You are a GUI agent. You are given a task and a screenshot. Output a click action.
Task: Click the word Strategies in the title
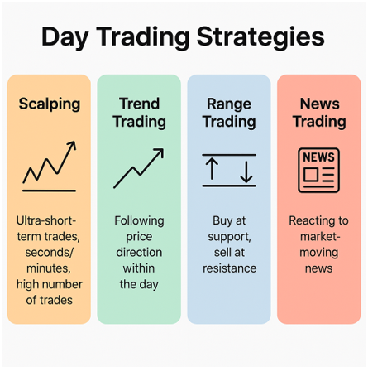click(260, 37)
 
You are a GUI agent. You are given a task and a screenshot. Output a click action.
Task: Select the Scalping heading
click(50, 104)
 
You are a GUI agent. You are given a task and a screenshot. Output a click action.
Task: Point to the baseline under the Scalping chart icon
click(49, 191)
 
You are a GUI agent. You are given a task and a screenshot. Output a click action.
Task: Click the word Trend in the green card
click(139, 104)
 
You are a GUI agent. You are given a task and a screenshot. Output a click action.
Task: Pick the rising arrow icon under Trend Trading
click(139, 168)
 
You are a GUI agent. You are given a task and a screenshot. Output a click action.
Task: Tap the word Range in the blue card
click(229, 104)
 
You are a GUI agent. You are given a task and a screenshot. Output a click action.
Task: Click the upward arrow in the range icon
click(212, 169)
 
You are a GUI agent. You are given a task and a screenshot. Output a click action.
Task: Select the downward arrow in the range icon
click(246, 171)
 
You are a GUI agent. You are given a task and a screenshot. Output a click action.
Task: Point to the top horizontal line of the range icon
click(229, 155)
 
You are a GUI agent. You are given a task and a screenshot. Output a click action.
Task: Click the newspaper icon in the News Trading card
click(318, 170)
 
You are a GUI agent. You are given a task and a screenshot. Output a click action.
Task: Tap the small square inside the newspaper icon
click(311, 175)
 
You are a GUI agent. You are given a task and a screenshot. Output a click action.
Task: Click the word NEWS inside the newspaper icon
click(318, 157)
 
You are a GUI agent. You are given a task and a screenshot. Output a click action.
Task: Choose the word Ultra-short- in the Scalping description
click(46, 220)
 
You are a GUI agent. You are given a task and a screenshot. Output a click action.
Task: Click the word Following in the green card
click(139, 221)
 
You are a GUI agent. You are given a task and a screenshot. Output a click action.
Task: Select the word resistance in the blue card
click(229, 268)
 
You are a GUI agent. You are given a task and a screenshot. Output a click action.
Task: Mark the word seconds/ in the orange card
click(49, 253)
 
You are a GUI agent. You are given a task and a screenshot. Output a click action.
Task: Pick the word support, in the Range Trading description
click(229, 237)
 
